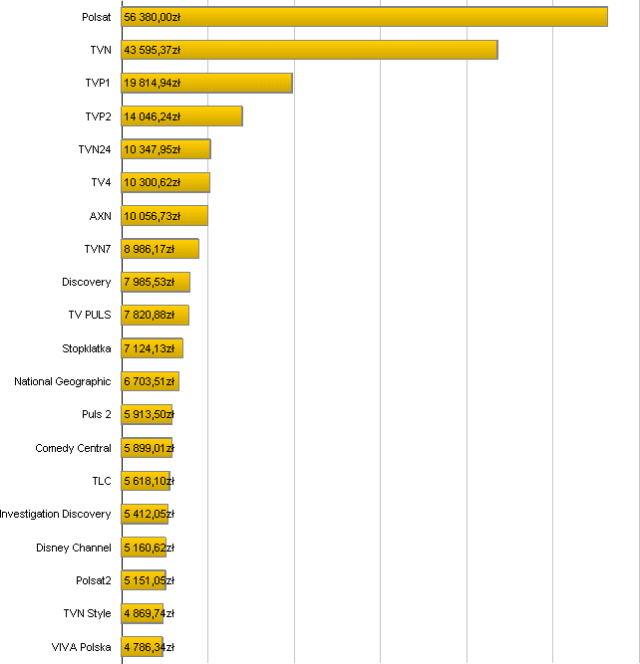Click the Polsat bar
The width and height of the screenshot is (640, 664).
364,17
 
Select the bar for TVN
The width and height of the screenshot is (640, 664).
309,50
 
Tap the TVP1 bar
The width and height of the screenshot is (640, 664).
206,83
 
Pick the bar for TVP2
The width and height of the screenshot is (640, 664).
181,116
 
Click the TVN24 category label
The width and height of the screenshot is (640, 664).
95,149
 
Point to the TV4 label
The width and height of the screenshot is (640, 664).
101,182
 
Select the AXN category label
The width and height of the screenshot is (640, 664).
101,216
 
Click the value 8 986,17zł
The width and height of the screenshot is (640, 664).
150,249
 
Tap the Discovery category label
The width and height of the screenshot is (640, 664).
87,282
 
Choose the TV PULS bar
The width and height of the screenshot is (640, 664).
155,316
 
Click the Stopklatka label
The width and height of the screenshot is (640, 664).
87,348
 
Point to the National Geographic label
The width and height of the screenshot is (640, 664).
63,381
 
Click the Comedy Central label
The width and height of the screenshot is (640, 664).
74,448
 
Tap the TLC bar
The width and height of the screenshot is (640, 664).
146,481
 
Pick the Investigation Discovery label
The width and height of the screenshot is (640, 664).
56,514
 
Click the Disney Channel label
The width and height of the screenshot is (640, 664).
74,548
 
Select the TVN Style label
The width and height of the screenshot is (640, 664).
87,613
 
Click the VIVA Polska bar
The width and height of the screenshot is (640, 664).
142,647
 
